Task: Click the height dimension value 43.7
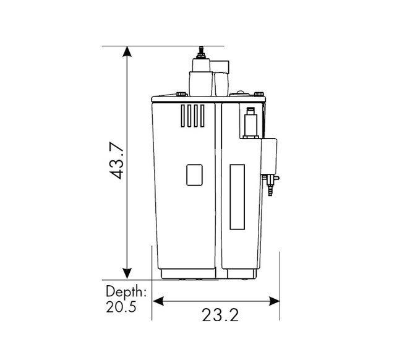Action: coord(117,160)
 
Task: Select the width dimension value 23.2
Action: coord(220,315)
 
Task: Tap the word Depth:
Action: coord(126,291)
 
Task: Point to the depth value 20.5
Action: coord(121,307)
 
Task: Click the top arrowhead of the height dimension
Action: coord(127,51)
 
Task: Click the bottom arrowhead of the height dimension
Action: coord(127,273)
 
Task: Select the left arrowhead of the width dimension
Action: coord(158,301)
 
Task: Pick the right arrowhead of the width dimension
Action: coord(274,301)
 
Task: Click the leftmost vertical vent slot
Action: coord(182,116)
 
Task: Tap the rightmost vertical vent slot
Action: coord(202,116)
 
